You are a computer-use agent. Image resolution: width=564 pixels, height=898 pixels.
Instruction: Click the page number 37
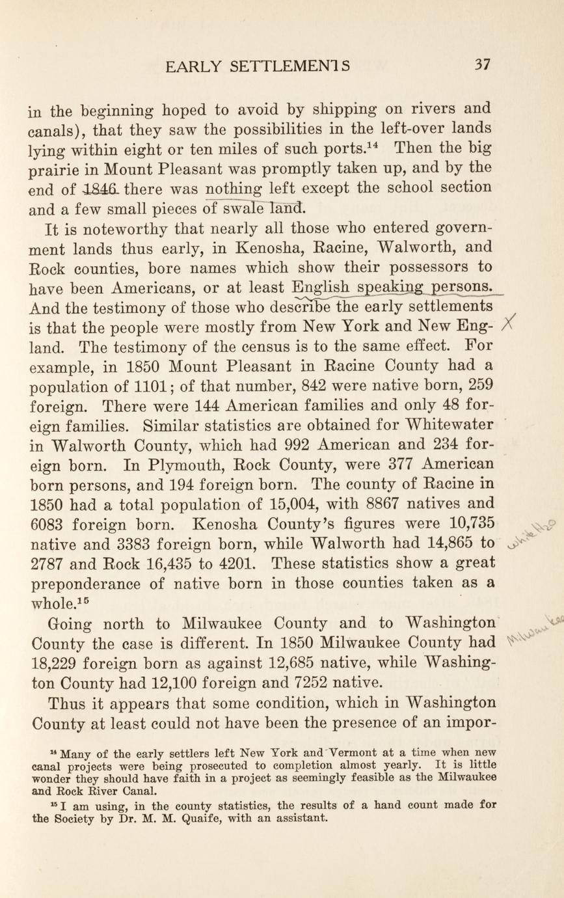pos(482,64)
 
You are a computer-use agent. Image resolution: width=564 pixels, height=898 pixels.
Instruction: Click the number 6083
pos(49,524)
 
